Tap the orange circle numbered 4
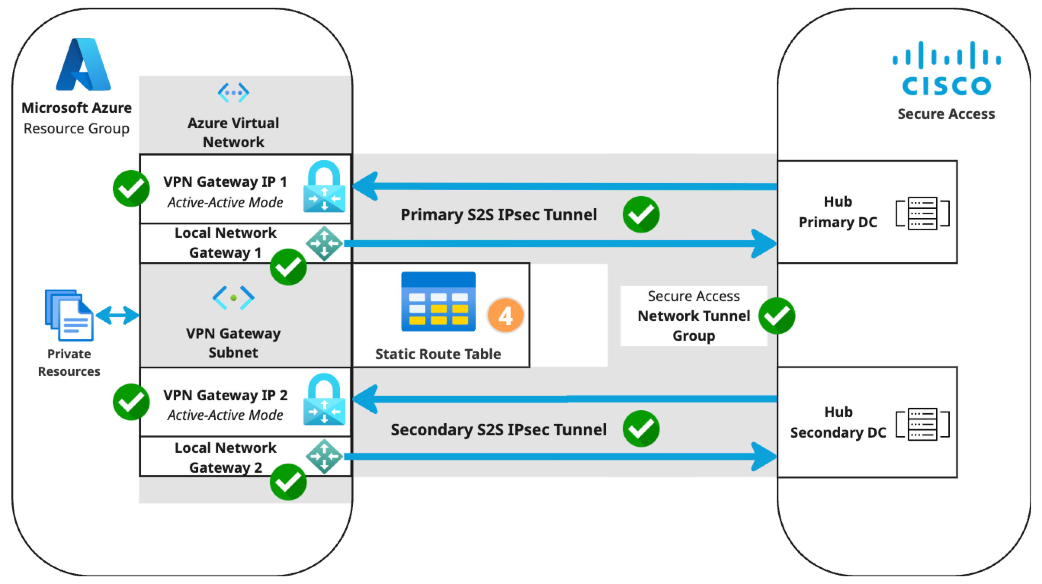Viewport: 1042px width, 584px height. click(506, 315)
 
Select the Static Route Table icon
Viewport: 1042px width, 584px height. click(438, 302)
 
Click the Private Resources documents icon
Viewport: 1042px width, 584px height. click(69, 315)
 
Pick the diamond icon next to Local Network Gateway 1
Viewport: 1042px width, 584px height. click(324, 243)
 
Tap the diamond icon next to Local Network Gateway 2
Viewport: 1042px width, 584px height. click(324, 457)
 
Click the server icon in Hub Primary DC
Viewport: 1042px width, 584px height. click(922, 213)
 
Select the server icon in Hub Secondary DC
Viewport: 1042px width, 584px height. click(922, 424)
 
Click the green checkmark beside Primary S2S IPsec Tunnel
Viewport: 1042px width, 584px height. click(641, 215)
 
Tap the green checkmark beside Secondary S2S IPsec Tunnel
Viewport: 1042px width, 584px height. click(641, 428)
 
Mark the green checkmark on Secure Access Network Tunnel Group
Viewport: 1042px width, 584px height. click(777, 316)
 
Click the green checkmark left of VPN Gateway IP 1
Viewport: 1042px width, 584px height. click(131, 189)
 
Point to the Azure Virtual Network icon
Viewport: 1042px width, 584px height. click(233, 93)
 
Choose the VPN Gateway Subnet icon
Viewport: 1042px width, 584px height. click(233, 298)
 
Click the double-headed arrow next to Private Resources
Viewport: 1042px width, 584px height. click(118, 315)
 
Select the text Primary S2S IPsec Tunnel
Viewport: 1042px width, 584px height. click(499, 215)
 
